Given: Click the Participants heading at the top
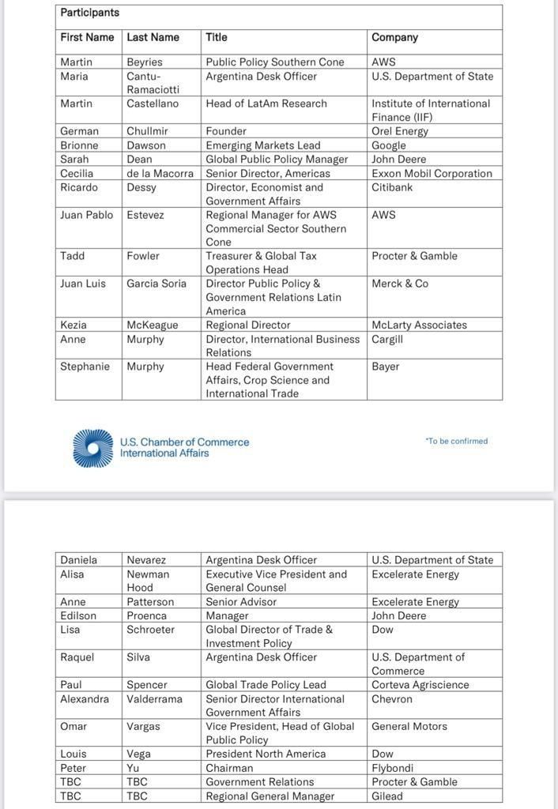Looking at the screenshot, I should point(90,13).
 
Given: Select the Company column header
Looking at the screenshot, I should point(394,37).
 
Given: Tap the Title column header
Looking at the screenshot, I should point(217,37).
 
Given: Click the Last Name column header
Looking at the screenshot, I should point(153,37).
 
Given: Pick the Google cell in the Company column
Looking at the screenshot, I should point(389,145).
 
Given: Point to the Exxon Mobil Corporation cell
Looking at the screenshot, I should point(432,173).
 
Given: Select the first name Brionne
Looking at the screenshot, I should point(79,145).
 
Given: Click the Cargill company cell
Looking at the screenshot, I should point(387,339).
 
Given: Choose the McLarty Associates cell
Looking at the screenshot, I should point(419,325).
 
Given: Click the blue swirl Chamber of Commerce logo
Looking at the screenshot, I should point(93,448).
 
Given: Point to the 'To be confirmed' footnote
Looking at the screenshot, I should point(456,441).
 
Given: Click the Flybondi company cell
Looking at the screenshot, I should point(392,768).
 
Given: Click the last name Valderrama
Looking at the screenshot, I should point(154,698).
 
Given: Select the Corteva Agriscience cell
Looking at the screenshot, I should point(420,685).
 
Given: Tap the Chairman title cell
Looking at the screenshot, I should point(229,768).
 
